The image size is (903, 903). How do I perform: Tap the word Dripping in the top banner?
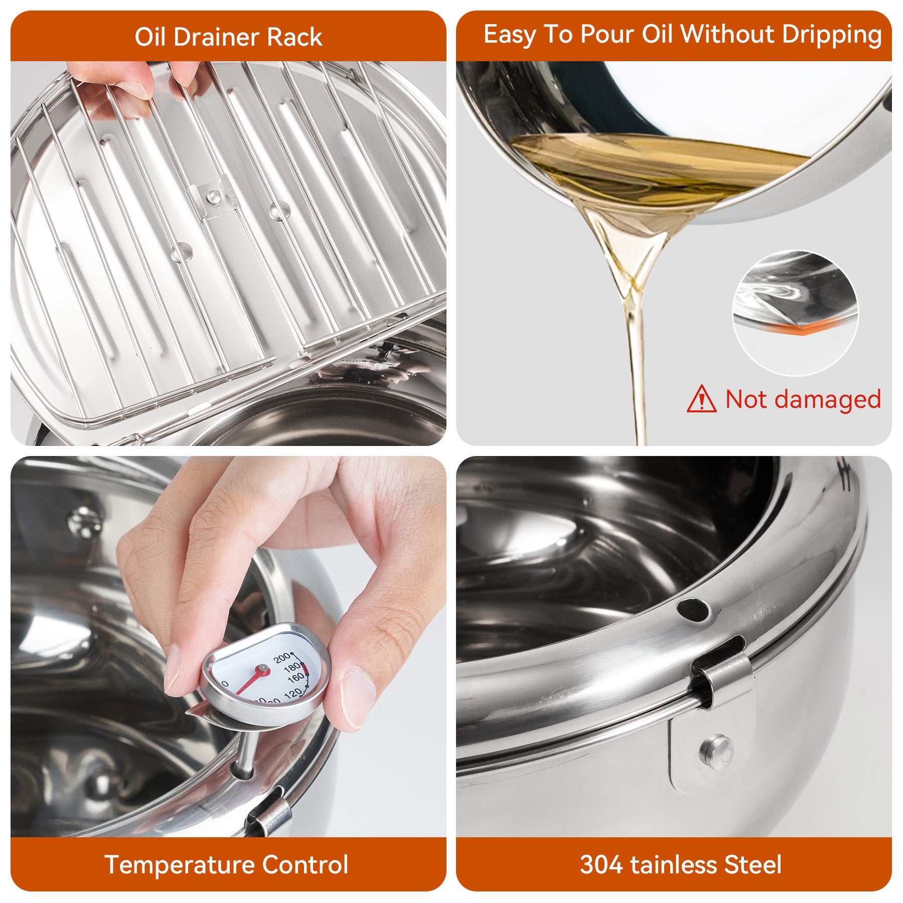(831, 35)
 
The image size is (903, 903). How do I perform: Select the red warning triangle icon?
(701, 399)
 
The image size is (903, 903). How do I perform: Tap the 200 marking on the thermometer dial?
(282, 658)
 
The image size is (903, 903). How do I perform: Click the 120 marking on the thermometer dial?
(292, 693)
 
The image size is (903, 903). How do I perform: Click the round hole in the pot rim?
(693, 610)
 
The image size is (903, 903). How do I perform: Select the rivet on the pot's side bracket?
(717, 750)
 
